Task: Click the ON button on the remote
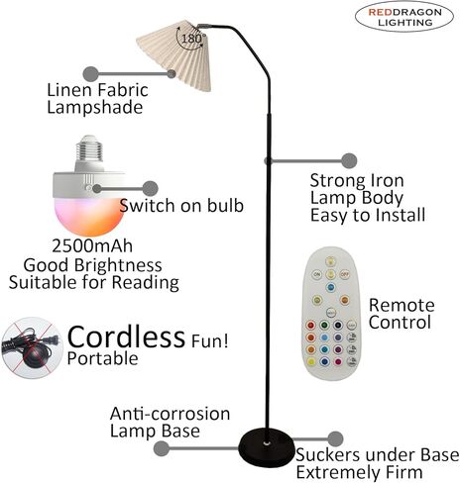(317, 274)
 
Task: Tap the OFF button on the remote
(345, 274)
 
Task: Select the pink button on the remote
(338, 362)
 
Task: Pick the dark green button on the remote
(324, 326)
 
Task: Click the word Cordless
(126, 337)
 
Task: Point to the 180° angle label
(191, 39)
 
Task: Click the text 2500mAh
(92, 245)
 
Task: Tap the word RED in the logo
(381, 13)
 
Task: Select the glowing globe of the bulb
(89, 216)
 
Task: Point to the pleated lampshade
(174, 55)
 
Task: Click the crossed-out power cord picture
(32, 347)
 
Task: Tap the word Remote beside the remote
(402, 305)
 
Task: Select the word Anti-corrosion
(170, 414)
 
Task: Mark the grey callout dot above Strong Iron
(349, 160)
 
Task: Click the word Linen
(70, 90)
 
